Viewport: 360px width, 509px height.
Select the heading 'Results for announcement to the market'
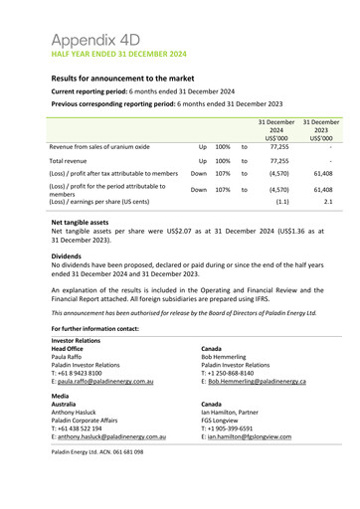point(129,77)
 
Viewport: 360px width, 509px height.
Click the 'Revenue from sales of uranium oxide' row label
point(99,146)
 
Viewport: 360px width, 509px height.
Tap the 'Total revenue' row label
point(76,160)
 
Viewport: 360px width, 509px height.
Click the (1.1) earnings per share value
point(281,201)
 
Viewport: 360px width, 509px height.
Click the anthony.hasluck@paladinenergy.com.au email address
point(107,436)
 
